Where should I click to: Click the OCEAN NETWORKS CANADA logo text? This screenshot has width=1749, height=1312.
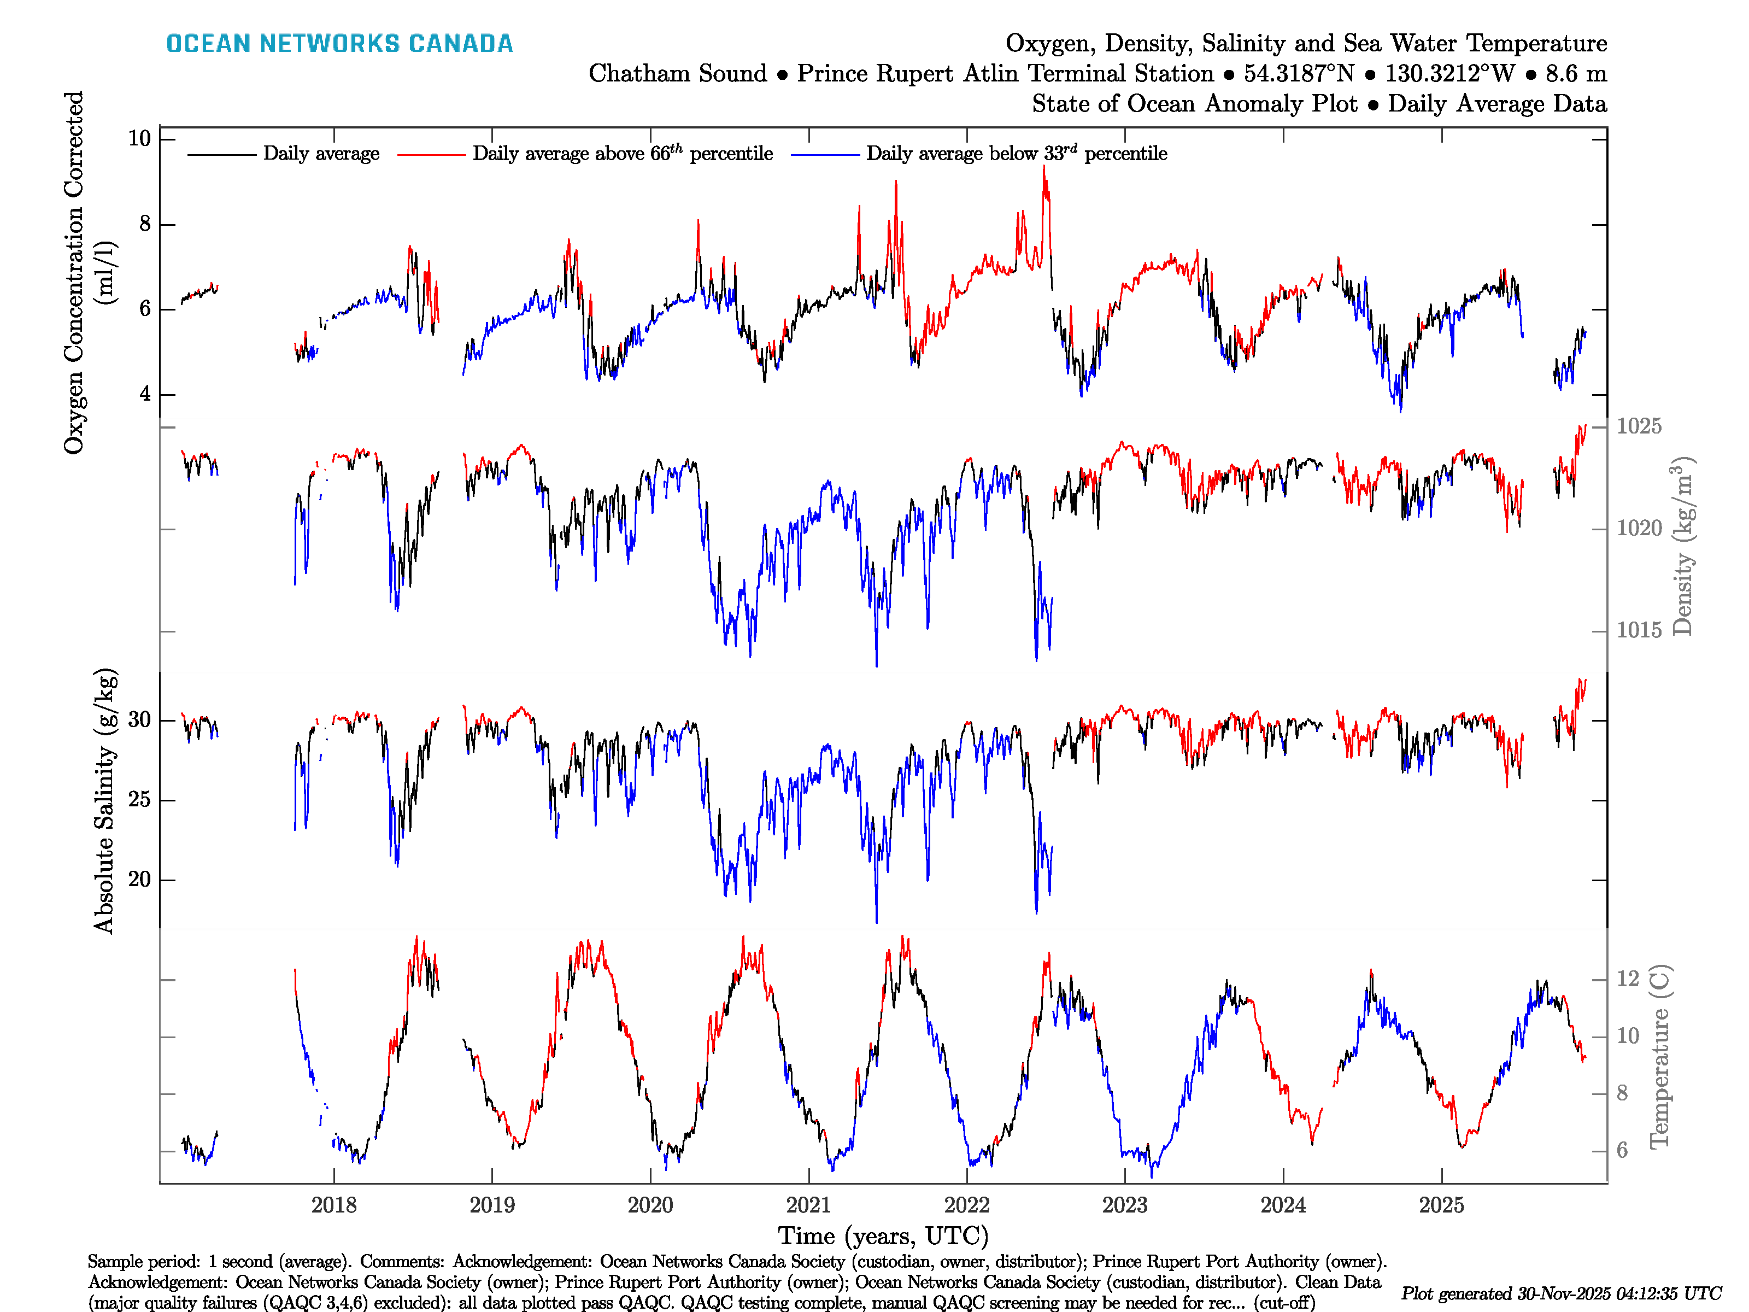click(x=339, y=44)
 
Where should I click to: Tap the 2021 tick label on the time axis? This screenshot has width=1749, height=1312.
click(x=808, y=1205)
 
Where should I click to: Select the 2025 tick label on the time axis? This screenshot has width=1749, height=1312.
click(x=1441, y=1205)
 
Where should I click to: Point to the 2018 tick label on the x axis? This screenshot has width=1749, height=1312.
click(x=333, y=1205)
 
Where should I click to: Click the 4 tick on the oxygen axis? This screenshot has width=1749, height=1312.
click(x=145, y=394)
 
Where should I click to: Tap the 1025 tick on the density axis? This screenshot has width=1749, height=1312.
click(x=1638, y=426)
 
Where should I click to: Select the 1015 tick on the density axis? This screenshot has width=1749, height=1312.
click(x=1638, y=630)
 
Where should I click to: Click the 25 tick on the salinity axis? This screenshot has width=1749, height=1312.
click(x=139, y=800)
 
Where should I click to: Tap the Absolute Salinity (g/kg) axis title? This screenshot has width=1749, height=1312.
click(x=104, y=801)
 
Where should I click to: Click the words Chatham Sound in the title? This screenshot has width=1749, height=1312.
click(x=678, y=74)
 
